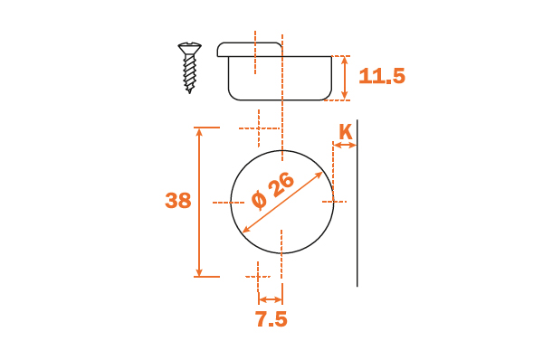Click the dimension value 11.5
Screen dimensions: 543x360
tap(382, 76)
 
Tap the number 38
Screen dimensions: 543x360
tap(178, 201)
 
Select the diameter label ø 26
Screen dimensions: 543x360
tap(273, 191)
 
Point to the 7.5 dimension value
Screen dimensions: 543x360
tap(271, 319)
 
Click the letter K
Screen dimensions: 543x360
tap(346, 131)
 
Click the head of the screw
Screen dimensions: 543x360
tap(189, 47)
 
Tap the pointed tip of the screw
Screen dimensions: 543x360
tap(189, 91)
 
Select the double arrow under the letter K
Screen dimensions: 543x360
tap(345, 146)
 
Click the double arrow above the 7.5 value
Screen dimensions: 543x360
tap(271, 299)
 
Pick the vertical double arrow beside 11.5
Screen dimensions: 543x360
tap(344, 78)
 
